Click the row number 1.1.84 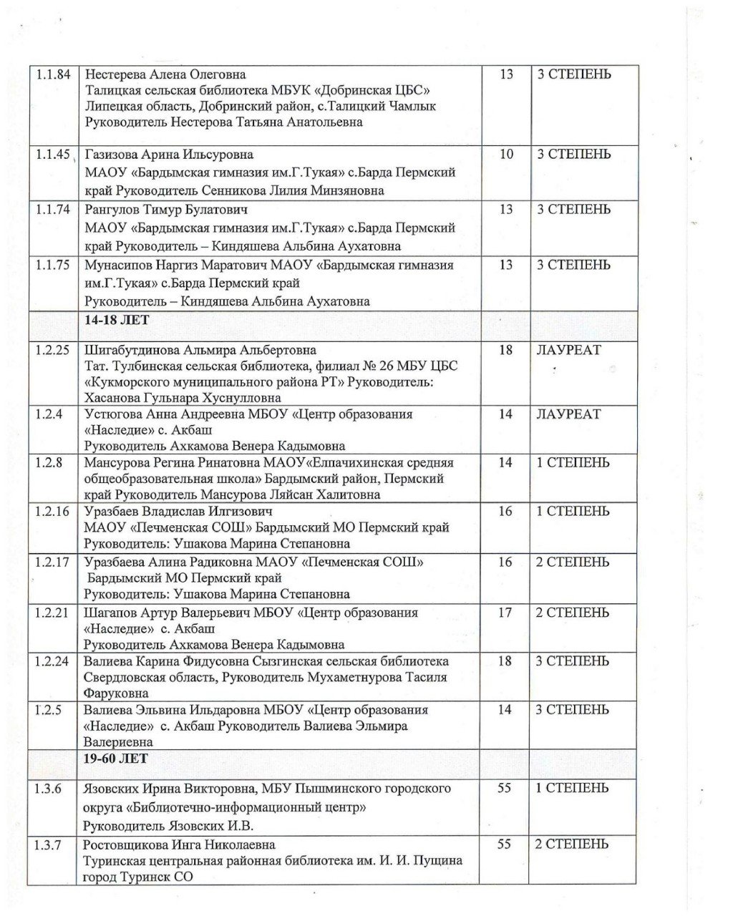tap(52, 74)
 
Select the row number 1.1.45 tap(52, 155)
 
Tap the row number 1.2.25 tap(52, 351)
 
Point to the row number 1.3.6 tap(49, 789)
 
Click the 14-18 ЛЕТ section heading tap(117, 320)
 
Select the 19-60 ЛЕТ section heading tap(117, 758)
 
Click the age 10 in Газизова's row tap(506, 155)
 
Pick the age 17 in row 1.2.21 tap(505, 613)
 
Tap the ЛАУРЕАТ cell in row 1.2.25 tap(569, 351)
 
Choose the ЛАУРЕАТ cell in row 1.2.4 tap(569, 414)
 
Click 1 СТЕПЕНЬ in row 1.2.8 tap(573, 463)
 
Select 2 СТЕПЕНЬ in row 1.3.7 tap(573, 844)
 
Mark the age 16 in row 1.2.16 tap(505, 512)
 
